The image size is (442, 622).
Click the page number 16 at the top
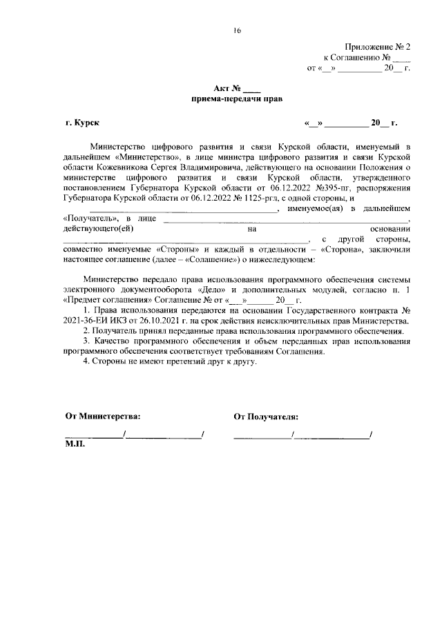coord(237,31)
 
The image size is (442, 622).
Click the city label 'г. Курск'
coord(82,123)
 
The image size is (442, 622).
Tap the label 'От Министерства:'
coord(102,417)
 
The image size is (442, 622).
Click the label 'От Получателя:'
coord(266,417)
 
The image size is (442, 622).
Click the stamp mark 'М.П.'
coord(75,445)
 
